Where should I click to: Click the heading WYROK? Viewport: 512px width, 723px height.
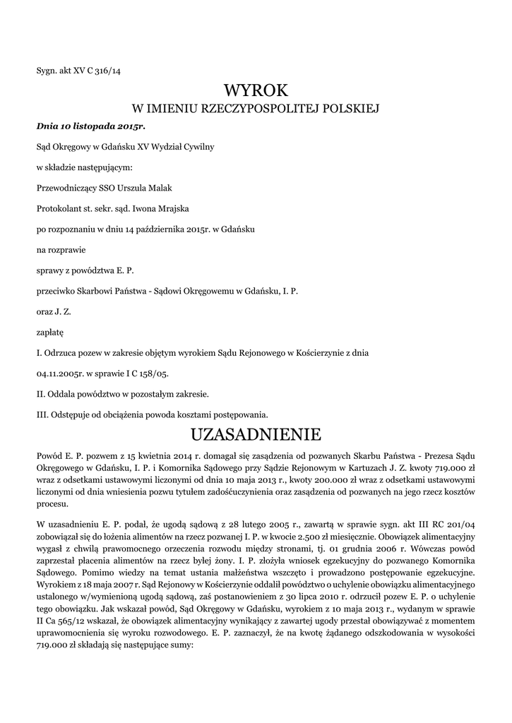click(256, 90)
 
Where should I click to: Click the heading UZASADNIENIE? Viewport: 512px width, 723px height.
click(256, 432)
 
